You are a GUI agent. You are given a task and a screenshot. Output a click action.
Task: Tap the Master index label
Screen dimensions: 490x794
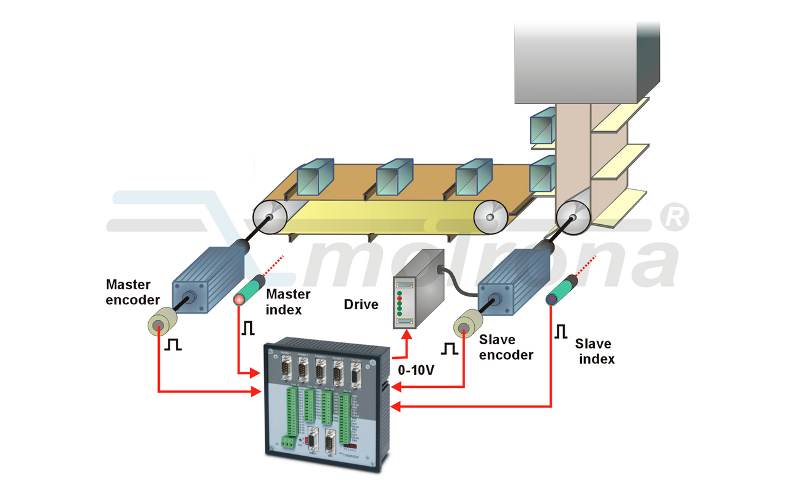[x=284, y=302]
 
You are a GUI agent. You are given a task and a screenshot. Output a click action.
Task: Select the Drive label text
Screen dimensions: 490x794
[x=361, y=304]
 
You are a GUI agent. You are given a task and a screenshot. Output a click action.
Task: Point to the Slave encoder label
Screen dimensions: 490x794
[x=505, y=347]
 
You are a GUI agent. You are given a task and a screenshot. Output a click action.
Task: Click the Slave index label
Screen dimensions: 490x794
[x=596, y=352]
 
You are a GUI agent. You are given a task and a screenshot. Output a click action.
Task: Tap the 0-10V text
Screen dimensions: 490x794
[x=417, y=371]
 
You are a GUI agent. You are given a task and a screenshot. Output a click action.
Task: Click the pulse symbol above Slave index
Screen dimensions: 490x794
[x=561, y=332]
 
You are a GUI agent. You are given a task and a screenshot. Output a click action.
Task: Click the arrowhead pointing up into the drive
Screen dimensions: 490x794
[x=406, y=334]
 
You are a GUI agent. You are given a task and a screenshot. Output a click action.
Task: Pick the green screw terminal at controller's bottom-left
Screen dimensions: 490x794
[x=287, y=442]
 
